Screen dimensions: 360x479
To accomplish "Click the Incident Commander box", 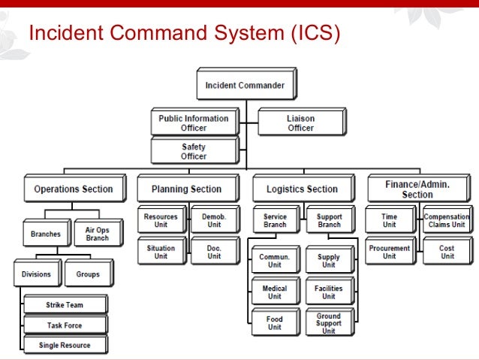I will click(x=245, y=86).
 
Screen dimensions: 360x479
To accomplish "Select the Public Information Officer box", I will click(x=193, y=123).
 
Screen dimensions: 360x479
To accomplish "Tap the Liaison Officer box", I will click(x=300, y=123).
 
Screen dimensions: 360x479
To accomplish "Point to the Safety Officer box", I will click(x=193, y=151).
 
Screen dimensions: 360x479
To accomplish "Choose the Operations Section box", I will click(x=73, y=189).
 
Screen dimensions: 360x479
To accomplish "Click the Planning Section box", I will click(x=186, y=189).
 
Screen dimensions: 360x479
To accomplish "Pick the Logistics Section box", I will click(x=302, y=189).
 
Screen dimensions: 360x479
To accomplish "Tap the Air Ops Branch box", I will click(x=97, y=234).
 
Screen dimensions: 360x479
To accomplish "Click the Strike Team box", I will click(x=65, y=305).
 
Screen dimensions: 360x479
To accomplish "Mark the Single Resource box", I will click(x=65, y=345).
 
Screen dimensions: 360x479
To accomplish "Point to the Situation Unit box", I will click(x=161, y=252).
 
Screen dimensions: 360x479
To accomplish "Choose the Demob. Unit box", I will click(x=214, y=220).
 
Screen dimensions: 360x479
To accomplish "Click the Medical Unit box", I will click(x=274, y=292).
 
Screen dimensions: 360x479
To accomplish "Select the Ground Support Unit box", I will click(x=328, y=324).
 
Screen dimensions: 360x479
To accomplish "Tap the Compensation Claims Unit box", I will click(x=447, y=220).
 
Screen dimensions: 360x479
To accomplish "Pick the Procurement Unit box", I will click(x=389, y=252).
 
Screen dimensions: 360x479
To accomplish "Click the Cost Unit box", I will click(x=447, y=252).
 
